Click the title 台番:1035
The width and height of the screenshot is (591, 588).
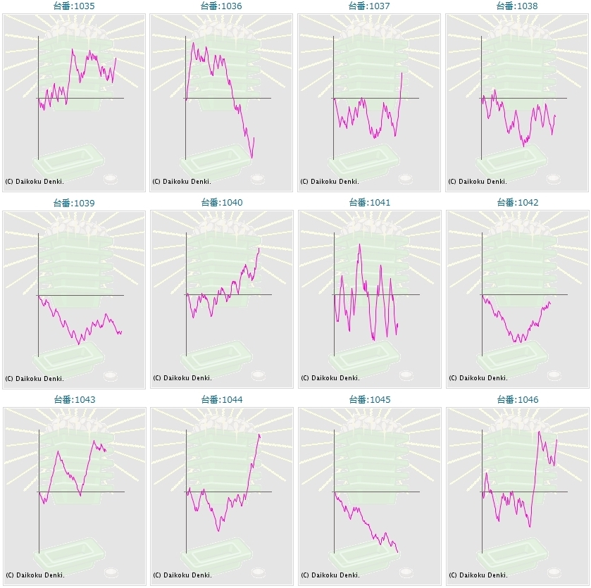tap(74, 6)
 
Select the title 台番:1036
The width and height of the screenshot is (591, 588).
tap(221, 6)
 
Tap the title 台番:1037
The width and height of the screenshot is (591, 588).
tap(369, 6)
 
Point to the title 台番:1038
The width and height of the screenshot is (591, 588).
tap(517, 6)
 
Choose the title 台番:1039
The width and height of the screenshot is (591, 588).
tap(74, 203)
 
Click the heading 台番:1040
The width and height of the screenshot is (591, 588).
tap(221, 203)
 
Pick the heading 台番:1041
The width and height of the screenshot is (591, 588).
tap(369, 203)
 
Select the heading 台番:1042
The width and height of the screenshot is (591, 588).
tap(517, 203)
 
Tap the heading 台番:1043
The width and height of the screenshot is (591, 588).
tap(74, 400)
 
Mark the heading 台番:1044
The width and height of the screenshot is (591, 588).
tap(221, 400)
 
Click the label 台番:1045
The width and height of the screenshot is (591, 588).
tap(369, 400)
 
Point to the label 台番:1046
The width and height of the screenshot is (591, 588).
tap(517, 400)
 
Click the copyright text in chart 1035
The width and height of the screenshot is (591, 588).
tap(35, 181)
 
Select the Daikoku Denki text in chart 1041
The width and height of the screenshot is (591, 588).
tap(330, 378)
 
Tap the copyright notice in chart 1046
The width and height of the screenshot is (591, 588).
tap(478, 575)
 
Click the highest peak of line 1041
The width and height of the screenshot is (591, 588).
tap(360, 244)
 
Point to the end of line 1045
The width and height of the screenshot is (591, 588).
tap(397, 553)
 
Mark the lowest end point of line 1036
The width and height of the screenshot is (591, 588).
tap(251, 158)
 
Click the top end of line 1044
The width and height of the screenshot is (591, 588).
tap(259, 434)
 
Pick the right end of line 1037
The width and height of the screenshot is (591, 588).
tap(402, 73)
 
